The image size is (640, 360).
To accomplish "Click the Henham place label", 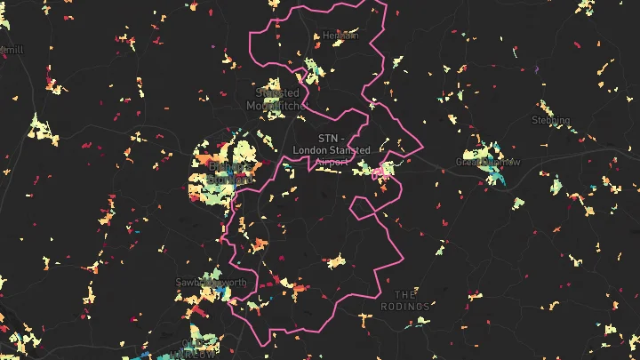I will [x=340, y=36].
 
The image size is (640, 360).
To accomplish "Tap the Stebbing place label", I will [x=550, y=119].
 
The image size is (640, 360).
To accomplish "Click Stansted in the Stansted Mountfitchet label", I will [x=276, y=92].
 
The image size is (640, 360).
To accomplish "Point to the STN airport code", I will [x=328, y=138].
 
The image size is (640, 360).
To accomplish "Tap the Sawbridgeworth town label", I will [x=212, y=283].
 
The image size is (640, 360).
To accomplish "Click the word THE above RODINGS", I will [x=405, y=294].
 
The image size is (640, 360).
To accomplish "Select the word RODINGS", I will [x=405, y=307].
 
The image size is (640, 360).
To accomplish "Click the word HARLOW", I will [x=196, y=354].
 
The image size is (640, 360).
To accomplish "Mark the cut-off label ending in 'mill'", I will [x=12, y=50].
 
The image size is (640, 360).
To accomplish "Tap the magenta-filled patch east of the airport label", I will [x=380, y=170].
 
